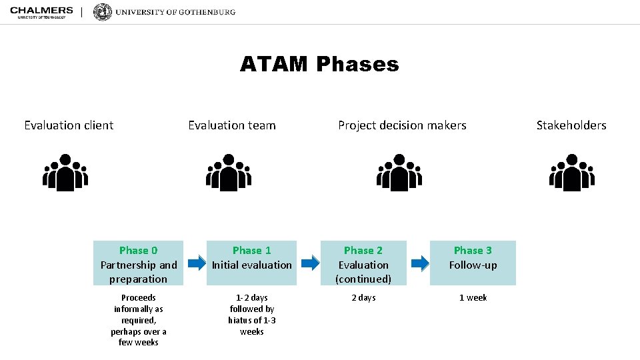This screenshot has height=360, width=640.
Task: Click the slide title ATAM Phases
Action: click(x=319, y=64)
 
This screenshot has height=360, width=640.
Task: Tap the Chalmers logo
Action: click(x=41, y=12)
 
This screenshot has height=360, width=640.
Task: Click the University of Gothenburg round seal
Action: click(x=103, y=12)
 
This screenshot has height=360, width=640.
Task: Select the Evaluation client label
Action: click(x=69, y=125)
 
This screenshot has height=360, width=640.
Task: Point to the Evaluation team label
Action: click(x=231, y=125)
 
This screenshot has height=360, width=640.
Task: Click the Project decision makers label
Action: click(x=402, y=125)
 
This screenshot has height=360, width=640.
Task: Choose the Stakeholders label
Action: click(x=571, y=125)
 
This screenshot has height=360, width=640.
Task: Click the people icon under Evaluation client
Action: click(x=65, y=173)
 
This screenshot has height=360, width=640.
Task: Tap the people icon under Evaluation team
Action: click(x=229, y=173)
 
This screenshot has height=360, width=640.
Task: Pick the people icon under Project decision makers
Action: click(x=399, y=173)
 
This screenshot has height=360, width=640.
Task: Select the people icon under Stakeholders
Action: click(x=571, y=173)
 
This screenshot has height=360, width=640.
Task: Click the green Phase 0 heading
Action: click(x=139, y=251)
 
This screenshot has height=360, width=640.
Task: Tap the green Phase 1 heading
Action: click(x=252, y=251)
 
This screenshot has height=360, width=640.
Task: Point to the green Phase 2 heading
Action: click(x=363, y=251)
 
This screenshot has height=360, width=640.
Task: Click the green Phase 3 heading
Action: click(x=473, y=251)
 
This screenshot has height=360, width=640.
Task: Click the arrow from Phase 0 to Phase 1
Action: click(x=197, y=263)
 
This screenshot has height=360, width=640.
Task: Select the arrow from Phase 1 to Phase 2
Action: click(x=309, y=263)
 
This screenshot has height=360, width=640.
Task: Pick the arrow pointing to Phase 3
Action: click(x=420, y=263)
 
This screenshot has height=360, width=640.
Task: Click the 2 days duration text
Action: click(x=363, y=298)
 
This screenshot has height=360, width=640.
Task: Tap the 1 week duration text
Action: click(x=473, y=298)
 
